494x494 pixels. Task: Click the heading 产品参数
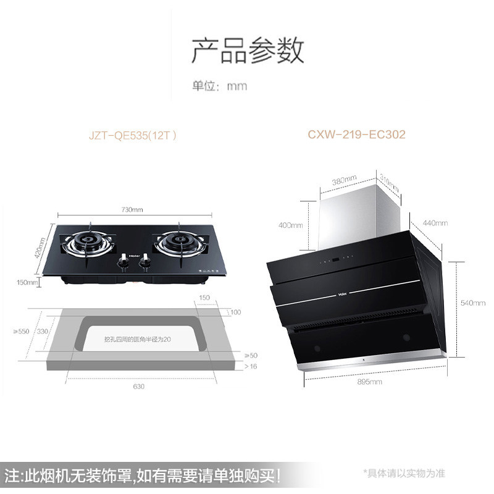click(247, 51)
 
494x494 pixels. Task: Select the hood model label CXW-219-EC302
click(356, 134)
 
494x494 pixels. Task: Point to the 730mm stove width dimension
click(132, 210)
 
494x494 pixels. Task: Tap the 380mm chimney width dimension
click(345, 180)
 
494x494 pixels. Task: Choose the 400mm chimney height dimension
click(290, 225)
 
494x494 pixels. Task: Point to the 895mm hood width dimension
click(370, 382)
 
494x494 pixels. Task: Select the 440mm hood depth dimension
click(434, 223)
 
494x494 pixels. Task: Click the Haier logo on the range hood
click(341, 293)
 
